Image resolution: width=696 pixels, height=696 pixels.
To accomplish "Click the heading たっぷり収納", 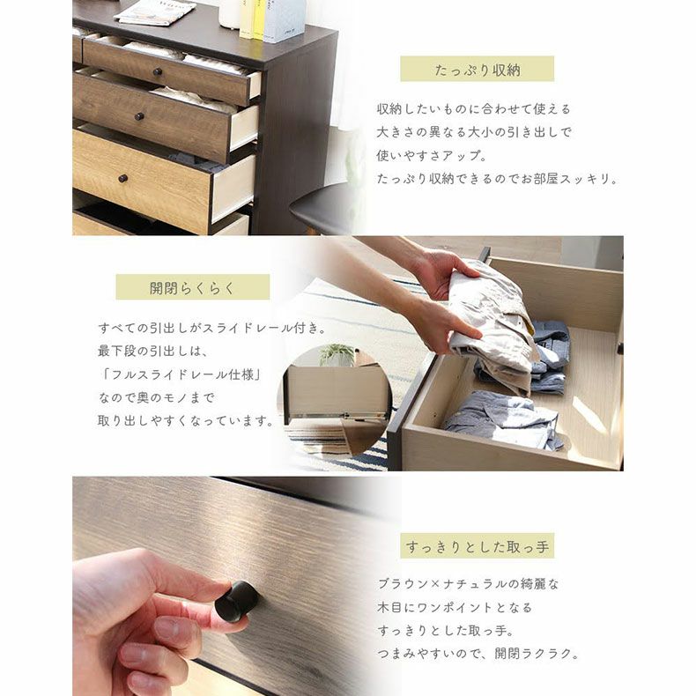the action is coord(478,70).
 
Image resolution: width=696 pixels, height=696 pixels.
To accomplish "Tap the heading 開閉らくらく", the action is coord(192,287).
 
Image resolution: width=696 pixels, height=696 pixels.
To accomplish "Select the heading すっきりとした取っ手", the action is coord(478,546).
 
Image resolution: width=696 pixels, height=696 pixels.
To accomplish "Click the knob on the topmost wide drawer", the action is coord(157,71).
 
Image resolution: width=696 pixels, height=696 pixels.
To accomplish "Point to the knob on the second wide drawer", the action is coord(139,117).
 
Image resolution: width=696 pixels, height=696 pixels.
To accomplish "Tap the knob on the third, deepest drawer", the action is coord(123,179).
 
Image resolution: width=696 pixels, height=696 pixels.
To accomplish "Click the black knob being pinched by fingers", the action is coord(237,601).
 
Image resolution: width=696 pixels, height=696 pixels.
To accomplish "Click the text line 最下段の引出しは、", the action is coord(152,352).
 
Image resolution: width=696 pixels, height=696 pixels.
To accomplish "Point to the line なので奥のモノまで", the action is coord(157,397).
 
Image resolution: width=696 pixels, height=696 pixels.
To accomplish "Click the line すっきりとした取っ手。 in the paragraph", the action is coord(445,630).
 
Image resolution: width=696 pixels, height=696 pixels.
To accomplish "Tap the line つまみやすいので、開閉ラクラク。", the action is coord(478,654).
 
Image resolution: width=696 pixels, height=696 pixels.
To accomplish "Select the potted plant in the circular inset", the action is coord(337,355).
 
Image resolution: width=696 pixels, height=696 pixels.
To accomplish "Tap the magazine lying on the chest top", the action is coord(155,12).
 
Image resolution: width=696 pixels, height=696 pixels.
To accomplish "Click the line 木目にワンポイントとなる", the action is coord(454,607).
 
